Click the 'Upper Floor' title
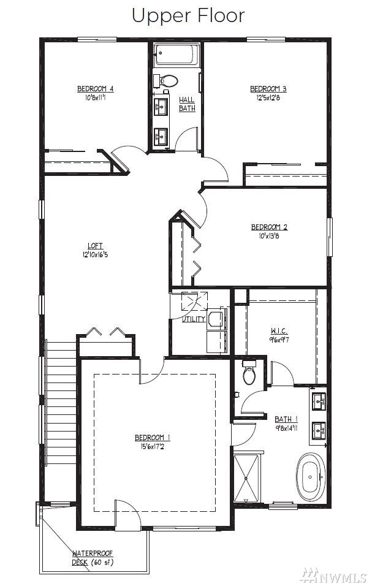click(x=188, y=16)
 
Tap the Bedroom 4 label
click(x=95, y=88)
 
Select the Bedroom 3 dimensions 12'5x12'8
click(x=268, y=98)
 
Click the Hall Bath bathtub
click(x=175, y=55)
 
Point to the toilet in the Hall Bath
click(x=167, y=80)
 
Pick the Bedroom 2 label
click(x=269, y=227)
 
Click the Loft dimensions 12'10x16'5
click(x=95, y=255)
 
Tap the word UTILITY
click(x=194, y=319)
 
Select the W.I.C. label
click(x=279, y=331)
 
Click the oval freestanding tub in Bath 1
click(x=311, y=478)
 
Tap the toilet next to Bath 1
click(x=249, y=372)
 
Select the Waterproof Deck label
click(x=93, y=557)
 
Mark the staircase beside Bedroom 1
click(x=61, y=401)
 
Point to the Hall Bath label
click(x=187, y=104)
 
